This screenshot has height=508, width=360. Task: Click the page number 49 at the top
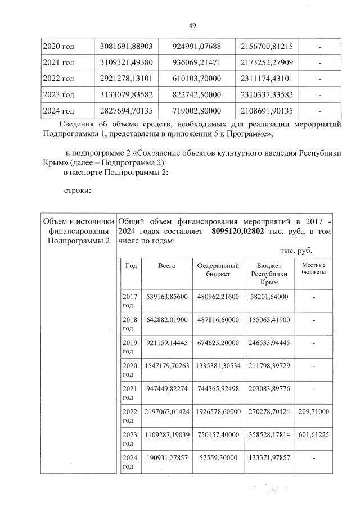(x=191, y=25)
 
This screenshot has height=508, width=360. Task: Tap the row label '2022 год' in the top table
(x=58, y=79)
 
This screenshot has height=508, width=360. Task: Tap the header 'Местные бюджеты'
(x=314, y=269)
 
